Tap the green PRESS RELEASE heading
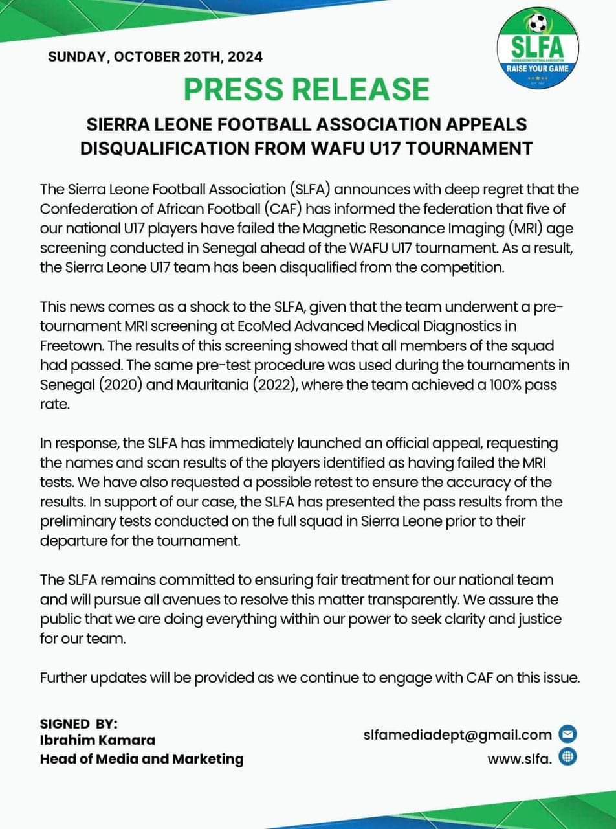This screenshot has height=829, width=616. click(307, 89)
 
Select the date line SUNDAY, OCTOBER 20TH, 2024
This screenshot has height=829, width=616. click(155, 56)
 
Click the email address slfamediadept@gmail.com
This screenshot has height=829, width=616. click(457, 734)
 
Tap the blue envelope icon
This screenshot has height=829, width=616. click(567, 734)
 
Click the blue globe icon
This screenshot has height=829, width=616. click(567, 756)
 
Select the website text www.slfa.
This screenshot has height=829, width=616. click(520, 757)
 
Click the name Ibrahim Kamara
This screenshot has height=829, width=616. click(97, 740)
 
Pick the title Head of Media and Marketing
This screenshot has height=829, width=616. click(142, 758)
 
